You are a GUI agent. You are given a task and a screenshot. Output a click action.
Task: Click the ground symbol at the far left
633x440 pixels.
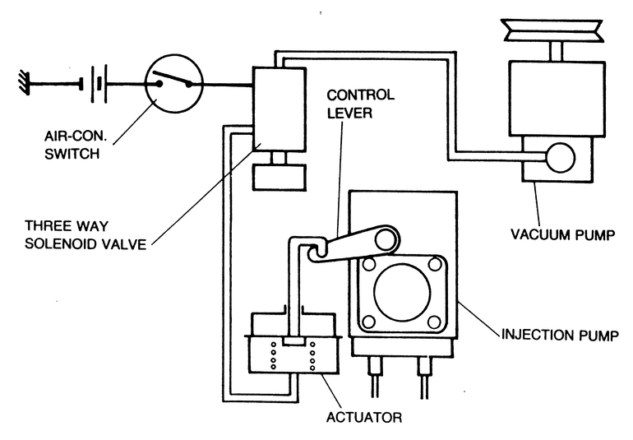pos(24,84)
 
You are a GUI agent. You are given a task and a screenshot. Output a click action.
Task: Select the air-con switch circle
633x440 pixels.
pos(173,84)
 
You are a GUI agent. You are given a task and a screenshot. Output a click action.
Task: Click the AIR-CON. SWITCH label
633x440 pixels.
pos(76,145)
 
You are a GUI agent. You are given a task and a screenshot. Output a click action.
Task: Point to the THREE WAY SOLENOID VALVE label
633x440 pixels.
pos(85,234)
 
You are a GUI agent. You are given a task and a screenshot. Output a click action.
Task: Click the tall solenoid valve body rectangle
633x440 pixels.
pos(279,109)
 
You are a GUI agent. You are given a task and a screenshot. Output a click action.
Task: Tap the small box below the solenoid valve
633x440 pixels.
pos(279,177)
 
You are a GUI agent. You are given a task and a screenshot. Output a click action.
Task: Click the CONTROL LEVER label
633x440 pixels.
pos(360,104)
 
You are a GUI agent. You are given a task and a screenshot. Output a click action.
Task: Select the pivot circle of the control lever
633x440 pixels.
pos(385,240)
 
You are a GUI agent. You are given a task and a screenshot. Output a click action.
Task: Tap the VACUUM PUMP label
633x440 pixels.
pos(563,234)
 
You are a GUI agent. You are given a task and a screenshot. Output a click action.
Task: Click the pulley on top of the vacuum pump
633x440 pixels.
pos(552,30)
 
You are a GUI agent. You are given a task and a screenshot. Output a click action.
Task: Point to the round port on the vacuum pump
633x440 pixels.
pos(561,158)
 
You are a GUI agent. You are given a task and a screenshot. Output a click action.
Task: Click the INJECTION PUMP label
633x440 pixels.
pos(560,335)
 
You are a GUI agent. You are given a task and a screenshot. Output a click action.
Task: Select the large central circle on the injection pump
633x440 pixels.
pos(402,290)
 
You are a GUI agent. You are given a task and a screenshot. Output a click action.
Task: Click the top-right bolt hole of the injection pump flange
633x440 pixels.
pos(434,265)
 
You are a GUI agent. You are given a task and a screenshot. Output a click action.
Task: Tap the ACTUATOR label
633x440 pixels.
pos(364,417)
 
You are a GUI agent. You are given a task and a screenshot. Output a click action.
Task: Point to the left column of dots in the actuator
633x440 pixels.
pos(273,355)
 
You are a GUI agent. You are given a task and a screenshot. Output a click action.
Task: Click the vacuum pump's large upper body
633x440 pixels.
pos(557,99)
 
